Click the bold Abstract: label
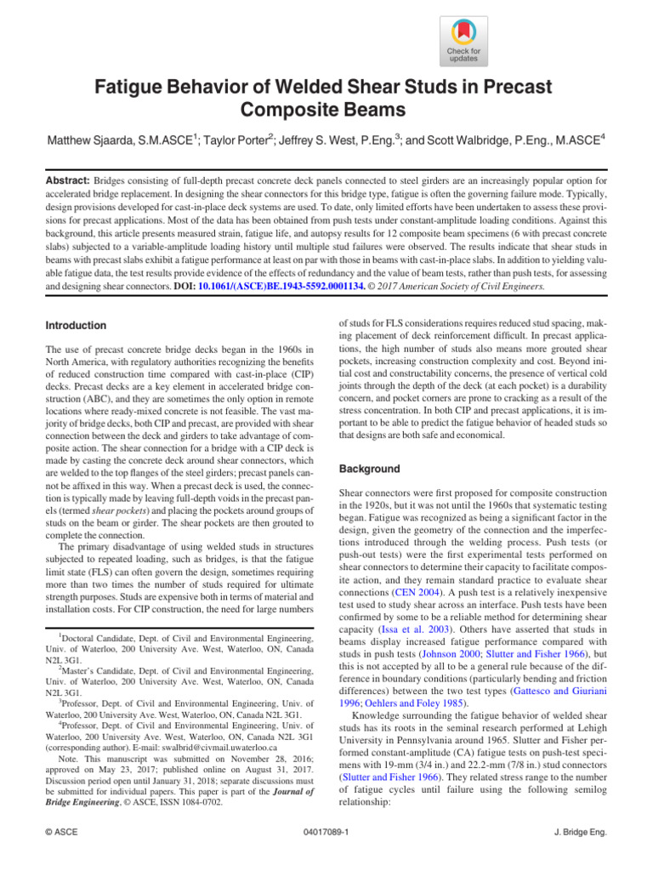point(69,181)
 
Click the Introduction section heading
point(76,325)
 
